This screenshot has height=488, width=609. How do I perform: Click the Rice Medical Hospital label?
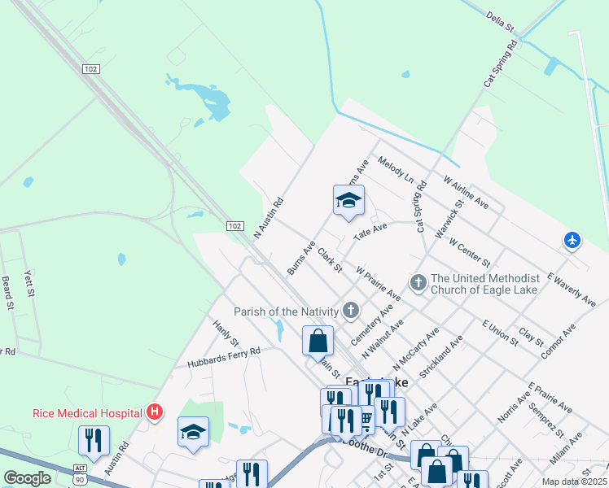88,412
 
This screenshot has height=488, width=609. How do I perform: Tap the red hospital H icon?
155,412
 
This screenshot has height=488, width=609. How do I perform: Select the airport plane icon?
572,240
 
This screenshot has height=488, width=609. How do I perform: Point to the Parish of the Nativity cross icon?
351,310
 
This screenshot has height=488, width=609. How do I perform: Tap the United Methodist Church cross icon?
418,283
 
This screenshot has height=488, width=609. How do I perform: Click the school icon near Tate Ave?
348,202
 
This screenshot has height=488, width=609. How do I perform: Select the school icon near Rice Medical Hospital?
193,433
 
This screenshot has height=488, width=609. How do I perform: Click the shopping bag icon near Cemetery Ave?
318,341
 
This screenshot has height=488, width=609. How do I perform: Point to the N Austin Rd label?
268,217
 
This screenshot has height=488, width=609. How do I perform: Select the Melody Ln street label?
396,169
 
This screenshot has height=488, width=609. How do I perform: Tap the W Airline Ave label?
466,191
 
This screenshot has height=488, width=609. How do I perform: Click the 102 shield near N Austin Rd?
234,225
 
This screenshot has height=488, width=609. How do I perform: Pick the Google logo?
28,478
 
